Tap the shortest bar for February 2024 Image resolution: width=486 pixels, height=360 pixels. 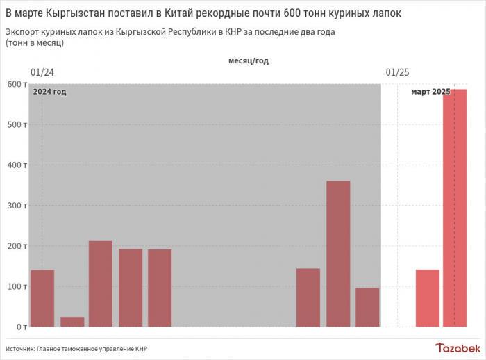[x=72, y=321]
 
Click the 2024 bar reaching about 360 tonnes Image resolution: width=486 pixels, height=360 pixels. [x=338, y=253]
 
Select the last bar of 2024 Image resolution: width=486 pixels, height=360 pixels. [x=367, y=306]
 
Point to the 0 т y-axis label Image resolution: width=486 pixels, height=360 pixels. [x=20, y=326]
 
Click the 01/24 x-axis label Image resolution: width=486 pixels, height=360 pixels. [x=42, y=72]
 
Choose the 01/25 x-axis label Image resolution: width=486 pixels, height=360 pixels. [x=397, y=72]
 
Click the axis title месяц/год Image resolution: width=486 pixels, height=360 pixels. [x=248, y=60]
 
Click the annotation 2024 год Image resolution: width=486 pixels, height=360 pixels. [x=50, y=92]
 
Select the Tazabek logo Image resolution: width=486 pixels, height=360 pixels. [x=457, y=347]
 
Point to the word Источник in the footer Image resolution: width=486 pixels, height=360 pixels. [x=20, y=347]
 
